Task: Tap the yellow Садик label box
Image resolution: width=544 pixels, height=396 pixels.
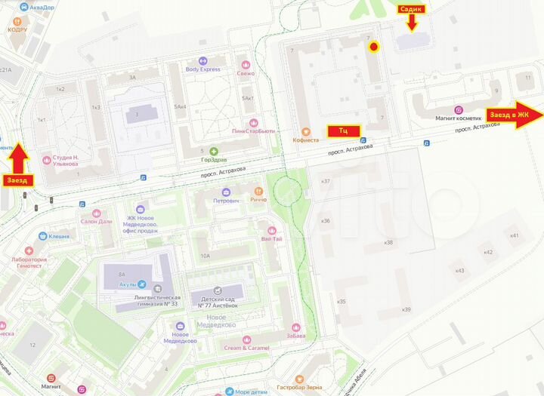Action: coord(412,8)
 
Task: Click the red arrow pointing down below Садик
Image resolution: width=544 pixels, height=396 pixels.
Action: coord(412,23)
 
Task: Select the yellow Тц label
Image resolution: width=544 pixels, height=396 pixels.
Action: coord(343,130)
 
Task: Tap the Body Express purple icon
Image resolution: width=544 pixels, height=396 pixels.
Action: coord(202,60)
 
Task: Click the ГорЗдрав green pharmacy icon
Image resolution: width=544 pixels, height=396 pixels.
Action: coord(214,151)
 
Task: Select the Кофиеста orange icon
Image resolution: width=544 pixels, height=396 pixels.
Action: coord(305,130)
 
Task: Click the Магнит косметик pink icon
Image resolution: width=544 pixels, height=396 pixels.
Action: coord(458,109)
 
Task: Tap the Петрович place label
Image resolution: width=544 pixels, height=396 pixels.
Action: coord(226,201)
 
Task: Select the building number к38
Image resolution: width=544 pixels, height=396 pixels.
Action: coord(388,242)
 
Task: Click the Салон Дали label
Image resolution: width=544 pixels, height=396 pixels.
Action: coord(97,222)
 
